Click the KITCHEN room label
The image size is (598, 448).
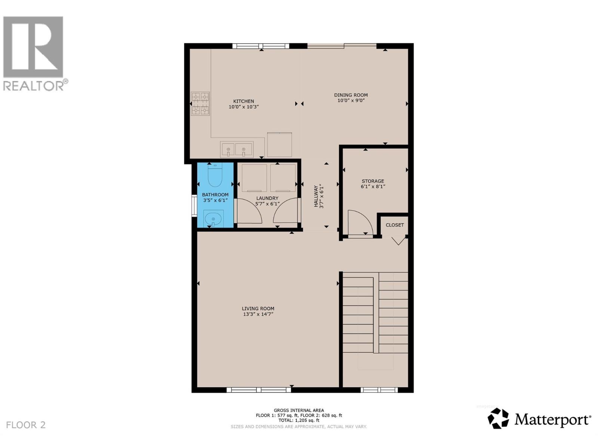(244, 101)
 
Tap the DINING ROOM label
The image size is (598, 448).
(351, 95)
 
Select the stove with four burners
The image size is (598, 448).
(200, 104)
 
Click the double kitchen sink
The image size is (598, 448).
(237, 149)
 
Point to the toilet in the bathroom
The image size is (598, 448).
(215, 176)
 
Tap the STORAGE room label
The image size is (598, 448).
(373, 181)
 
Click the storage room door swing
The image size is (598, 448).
(360, 223)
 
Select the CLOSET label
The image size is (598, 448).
(395, 225)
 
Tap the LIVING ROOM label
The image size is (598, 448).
(258, 308)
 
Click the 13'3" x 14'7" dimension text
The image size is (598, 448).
(258, 314)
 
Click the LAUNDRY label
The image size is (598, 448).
(267, 198)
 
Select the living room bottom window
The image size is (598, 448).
(259, 390)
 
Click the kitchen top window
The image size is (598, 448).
(261, 46)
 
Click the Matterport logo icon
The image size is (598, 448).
(498, 419)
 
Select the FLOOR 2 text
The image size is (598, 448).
(26, 425)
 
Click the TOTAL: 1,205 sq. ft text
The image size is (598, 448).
(299, 420)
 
